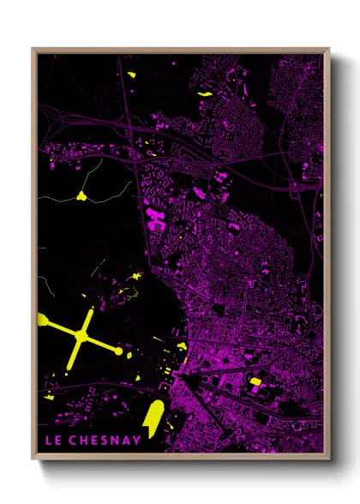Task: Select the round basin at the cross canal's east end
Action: [x=118, y=351]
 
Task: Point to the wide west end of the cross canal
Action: [x=43, y=321]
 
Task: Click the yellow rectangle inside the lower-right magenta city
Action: [x=255, y=382]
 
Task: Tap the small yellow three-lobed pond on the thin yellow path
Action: [x=82, y=196]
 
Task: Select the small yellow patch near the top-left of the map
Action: [x=132, y=75]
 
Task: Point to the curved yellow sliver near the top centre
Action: [x=205, y=92]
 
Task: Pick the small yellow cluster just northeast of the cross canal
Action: [x=137, y=276]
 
